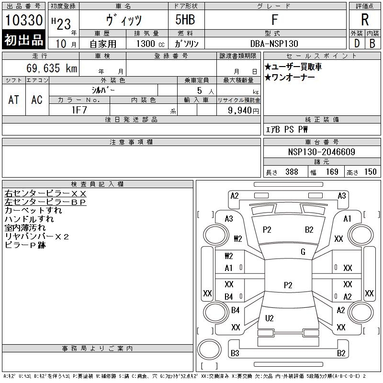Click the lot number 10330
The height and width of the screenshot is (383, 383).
[x=24, y=21]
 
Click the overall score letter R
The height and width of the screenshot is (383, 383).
[x=365, y=20]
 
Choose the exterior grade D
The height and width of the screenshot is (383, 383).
[x=357, y=43]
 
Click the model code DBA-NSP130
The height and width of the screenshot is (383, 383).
[x=274, y=44]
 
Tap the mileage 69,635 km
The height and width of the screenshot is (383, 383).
[x=53, y=68]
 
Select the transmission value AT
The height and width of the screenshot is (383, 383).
[x=14, y=100]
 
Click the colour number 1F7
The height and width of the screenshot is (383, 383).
[x=79, y=110]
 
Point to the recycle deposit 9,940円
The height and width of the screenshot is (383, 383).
[x=244, y=110]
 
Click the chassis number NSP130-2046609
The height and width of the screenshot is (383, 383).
[x=321, y=152]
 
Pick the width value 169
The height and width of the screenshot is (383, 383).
[x=332, y=172]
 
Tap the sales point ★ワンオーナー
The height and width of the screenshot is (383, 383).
[x=290, y=78]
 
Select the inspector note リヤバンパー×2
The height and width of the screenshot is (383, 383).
[x=37, y=237]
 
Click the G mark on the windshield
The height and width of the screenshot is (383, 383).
[x=303, y=251]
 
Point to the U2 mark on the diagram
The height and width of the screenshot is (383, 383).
[x=269, y=318]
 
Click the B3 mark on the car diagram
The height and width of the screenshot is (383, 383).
[x=235, y=353]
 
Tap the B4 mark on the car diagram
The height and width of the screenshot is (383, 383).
[x=229, y=297]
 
